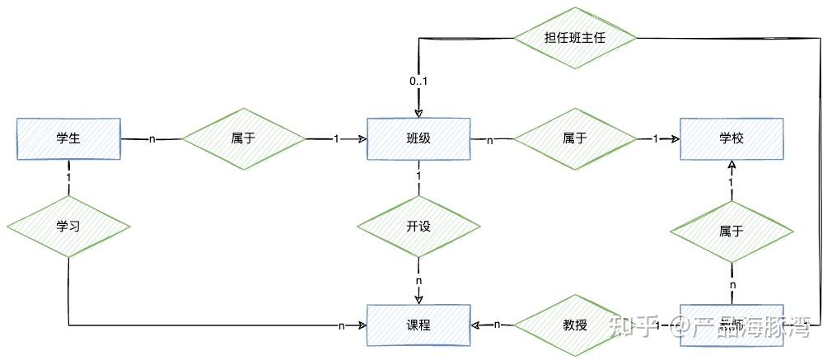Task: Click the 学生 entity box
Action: (x=68, y=138)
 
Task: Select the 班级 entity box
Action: (x=418, y=138)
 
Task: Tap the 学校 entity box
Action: (x=731, y=138)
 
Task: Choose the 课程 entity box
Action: (x=418, y=325)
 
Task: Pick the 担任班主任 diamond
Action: (x=575, y=38)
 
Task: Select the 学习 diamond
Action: (x=68, y=226)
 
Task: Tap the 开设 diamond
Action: (x=418, y=227)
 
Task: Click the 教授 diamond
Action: (x=575, y=325)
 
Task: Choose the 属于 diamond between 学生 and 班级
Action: (x=243, y=138)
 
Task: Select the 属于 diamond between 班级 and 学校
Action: (x=575, y=138)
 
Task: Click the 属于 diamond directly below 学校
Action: (x=731, y=231)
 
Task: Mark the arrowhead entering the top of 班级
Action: (x=418, y=113)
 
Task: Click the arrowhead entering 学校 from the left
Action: (x=674, y=139)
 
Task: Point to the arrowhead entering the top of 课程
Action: (x=418, y=299)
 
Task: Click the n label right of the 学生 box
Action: (x=152, y=139)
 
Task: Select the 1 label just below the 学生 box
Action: (x=68, y=177)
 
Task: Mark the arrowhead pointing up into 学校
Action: (x=731, y=165)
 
